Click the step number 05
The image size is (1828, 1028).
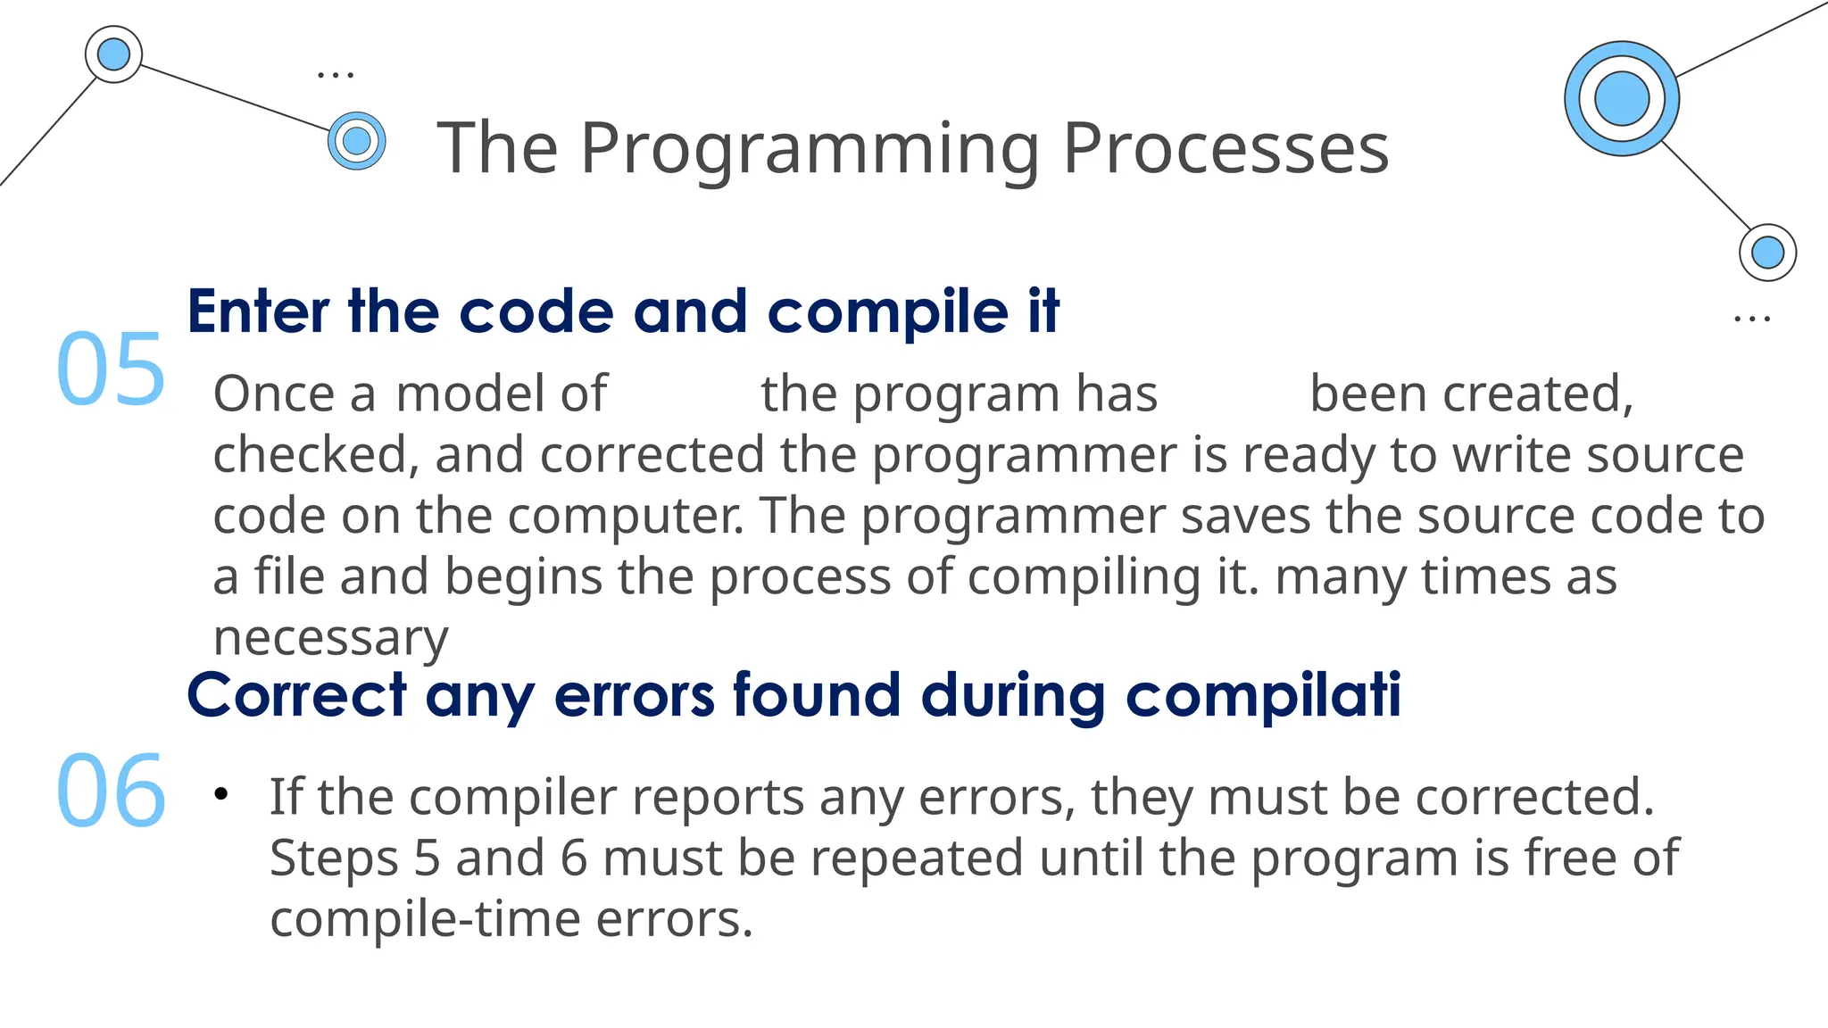click(111, 369)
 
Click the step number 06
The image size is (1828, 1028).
click(111, 791)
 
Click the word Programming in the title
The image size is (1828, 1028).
click(810, 148)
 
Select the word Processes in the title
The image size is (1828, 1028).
click(1226, 148)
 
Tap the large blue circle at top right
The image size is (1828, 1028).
click(1621, 99)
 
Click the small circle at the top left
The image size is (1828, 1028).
click(113, 54)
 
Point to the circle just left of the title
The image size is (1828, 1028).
click(357, 141)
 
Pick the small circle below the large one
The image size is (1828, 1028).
click(1767, 253)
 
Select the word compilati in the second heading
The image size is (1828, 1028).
click(1263, 696)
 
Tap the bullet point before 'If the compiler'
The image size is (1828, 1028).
click(221, 793)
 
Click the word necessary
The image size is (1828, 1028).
click(330, 637)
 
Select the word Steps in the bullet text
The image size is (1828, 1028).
click(333, 858)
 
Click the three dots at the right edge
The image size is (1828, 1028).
click(1751, 319)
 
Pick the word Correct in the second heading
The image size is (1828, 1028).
click(296, 696)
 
